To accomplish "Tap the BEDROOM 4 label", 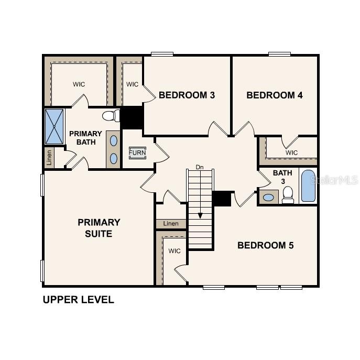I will click(x=275, y=95).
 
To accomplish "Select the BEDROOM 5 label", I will click(x=266, y=245).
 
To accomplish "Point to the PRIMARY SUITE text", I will click(x=99, y=228).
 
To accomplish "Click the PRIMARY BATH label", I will click(x=85, y=138).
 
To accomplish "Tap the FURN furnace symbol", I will click(x=137, y=152).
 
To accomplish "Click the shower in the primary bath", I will click(x=54, y=126).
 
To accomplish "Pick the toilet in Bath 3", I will click(x=287, y=195).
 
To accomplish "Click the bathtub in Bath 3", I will click(x=308, y=186).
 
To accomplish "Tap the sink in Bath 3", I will click(x=269, y=198).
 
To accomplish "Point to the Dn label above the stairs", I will click(x=200, y=167).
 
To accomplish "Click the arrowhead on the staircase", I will click(x=200, y=215).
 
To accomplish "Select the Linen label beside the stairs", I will click(x=171, y=224).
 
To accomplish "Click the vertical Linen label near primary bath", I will click(x=49, y=157).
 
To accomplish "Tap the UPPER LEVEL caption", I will click(x=78, y=300).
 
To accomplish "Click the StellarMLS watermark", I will click(x=334, y=180).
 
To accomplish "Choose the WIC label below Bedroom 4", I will click(x=292, y=152).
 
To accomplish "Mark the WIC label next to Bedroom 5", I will click(x=174, y=251).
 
